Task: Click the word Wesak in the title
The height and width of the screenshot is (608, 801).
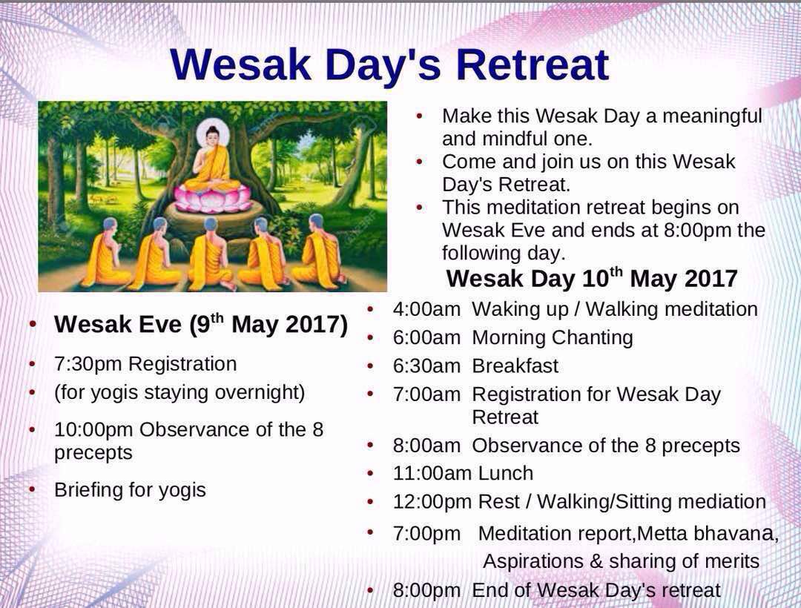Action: pyautogui.click(x=241, y=65)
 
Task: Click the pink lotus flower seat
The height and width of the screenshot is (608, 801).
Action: pyautogui.click(x=213, y=198)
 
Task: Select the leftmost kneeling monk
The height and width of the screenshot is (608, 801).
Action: pyautogui.click(x=105, y=253)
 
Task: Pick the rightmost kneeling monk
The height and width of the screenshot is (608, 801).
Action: pyautogui.click(x=319, y=250)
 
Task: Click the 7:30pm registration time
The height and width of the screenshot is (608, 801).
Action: pyautogui.click(x=88, y=364)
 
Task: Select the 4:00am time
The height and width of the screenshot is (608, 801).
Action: pyautogui.click(x=426, y=309)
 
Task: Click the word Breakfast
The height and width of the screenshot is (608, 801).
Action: pyautogui.click(x=515, y=366)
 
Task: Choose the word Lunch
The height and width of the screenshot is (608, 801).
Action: pyautogui.click(x=506, y=473)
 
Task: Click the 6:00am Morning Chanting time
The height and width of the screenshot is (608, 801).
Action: pyautogui.click(x=426, y=338)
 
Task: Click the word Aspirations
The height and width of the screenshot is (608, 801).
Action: pyautogui.click(x=533, y=561)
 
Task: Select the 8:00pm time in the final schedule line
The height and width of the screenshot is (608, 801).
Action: pyautogui.click(x=426, y=591)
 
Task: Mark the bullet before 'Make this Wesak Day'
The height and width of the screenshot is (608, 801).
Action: pyautogui.click(x=419, y=116)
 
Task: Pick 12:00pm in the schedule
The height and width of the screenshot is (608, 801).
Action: pyautogui.click(x=432, y=502)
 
